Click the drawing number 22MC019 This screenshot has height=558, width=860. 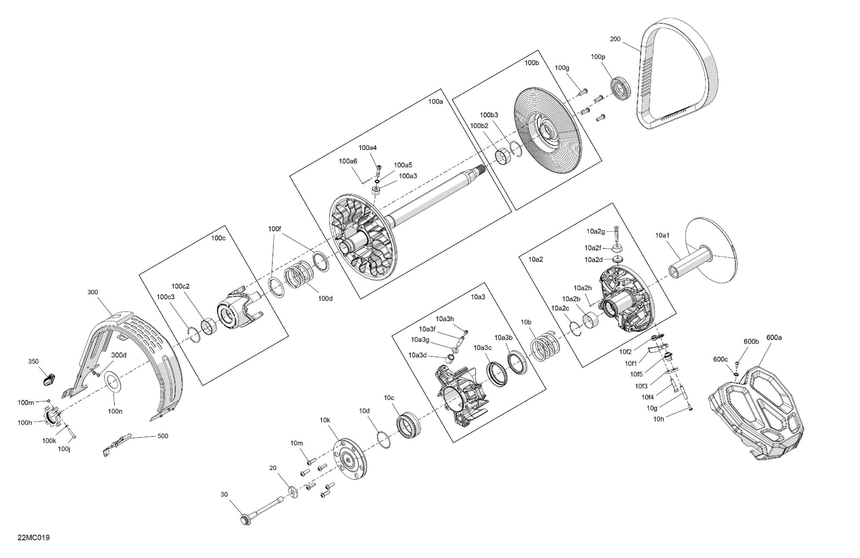coord(33,537)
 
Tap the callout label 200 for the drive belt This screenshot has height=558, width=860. coord(615,39)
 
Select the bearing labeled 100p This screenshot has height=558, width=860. coord(621,88)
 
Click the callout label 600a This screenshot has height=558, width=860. coord(774,337)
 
